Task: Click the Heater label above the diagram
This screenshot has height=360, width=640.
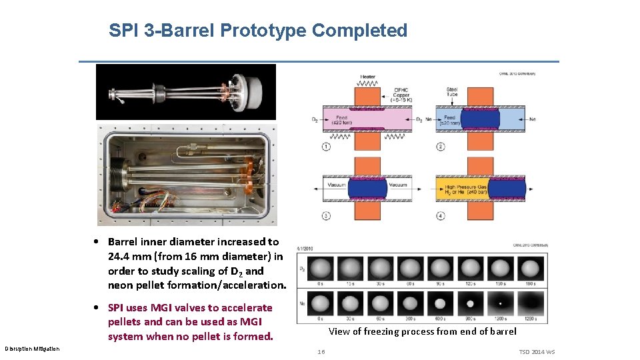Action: (367, 77)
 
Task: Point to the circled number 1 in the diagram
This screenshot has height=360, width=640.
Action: (326, 146)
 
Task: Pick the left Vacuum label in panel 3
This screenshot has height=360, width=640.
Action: (339, 185)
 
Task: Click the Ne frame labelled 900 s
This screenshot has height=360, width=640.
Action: (470, 304)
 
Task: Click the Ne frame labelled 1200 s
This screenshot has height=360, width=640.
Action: (500, 304)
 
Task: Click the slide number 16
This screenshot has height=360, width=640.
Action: (321, 351)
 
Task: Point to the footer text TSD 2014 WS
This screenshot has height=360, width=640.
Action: (536, 352)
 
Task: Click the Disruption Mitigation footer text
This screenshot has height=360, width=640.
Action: (32, 349)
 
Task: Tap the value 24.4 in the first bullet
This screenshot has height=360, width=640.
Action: (119, 256)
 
